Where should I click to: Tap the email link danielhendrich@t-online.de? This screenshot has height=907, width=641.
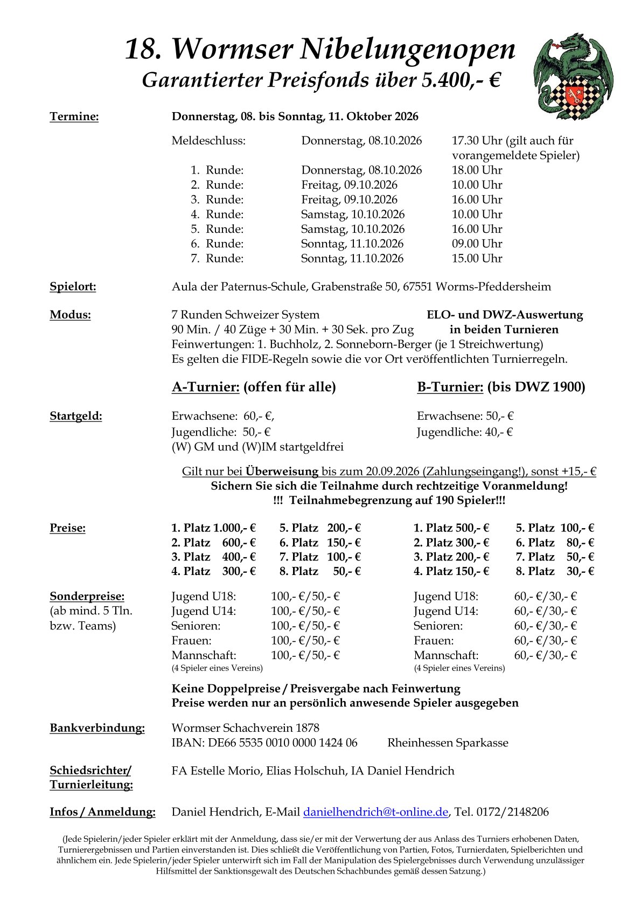[x=375, y=812]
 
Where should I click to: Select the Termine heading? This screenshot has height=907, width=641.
[x=74, y=116]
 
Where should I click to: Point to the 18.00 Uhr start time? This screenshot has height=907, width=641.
[x=477, y=170]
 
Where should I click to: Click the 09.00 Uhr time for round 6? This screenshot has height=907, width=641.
[x=477, y=244]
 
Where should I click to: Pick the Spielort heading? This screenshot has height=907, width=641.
[x=73, y=286]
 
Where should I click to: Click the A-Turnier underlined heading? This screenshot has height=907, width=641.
[x=205, y=387]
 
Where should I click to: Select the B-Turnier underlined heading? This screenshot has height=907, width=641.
[x=450, y=387]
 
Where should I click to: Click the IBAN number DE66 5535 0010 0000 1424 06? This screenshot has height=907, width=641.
[x=282, y=743]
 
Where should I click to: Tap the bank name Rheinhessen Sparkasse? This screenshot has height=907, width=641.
[x=448, y=743]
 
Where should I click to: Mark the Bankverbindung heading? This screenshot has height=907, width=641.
[x=97, y=728]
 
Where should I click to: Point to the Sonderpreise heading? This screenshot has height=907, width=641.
[x=87, y=596]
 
